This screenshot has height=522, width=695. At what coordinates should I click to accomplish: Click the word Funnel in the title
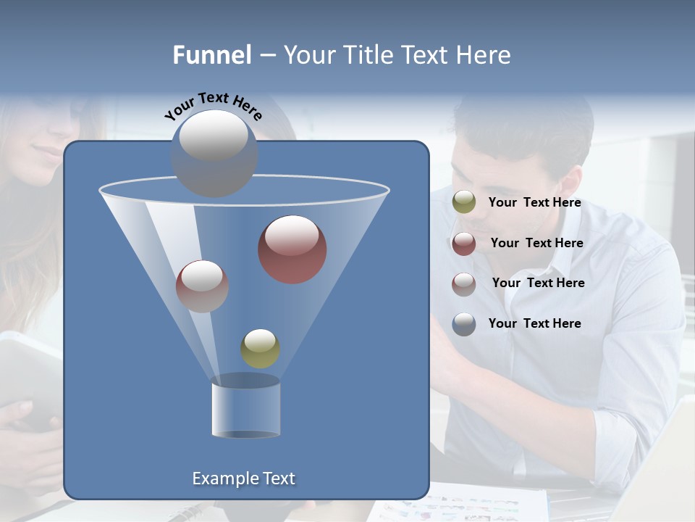212,55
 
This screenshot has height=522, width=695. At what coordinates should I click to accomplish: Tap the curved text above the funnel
213,106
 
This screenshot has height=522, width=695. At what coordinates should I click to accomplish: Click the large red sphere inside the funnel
292,249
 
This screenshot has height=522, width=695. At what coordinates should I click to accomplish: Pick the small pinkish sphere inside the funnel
202,286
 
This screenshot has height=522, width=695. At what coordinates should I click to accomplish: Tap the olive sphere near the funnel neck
260,349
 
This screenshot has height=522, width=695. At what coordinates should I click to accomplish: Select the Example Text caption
243,478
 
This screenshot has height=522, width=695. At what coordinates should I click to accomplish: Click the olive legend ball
464,202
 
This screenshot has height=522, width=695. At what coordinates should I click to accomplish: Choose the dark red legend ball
464,244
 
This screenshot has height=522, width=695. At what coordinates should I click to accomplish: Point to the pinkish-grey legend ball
464,284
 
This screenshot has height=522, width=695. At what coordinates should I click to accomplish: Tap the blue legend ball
464,324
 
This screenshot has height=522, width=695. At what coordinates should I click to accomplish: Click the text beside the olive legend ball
534,203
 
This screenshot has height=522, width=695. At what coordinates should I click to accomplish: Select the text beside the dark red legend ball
536,244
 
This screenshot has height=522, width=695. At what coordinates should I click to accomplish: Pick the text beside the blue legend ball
534,323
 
